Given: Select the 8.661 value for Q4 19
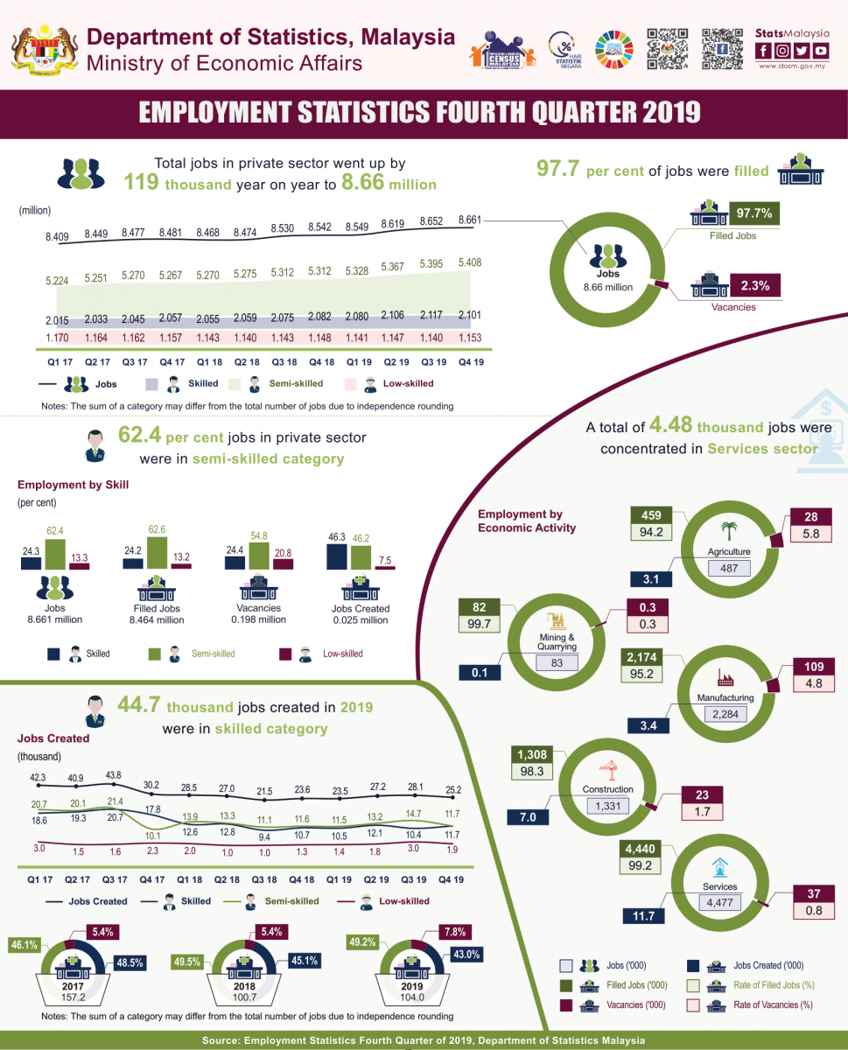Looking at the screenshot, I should [x=471, y=220].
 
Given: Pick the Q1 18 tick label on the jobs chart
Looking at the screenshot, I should [x=207, y=360].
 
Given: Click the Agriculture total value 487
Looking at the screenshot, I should [x=729, y=569].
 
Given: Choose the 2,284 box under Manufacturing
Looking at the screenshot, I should [x=725, y=715].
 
